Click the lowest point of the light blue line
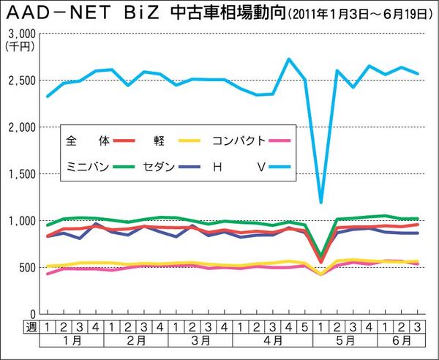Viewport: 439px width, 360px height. click(320, 201)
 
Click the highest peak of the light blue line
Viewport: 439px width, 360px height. click(289, 59)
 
